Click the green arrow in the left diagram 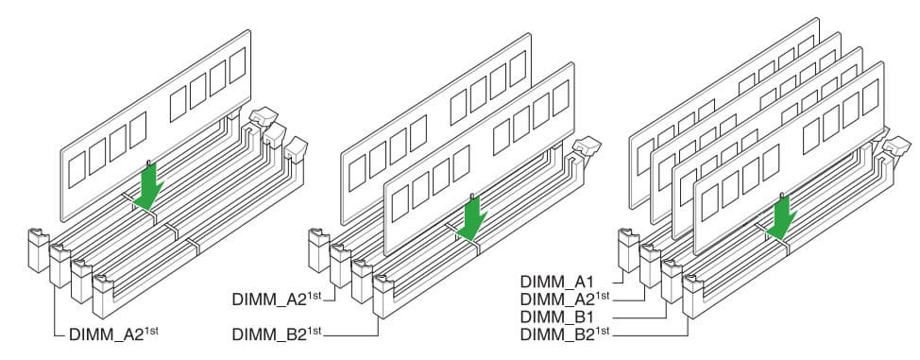point(148,187)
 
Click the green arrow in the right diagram point(780,218)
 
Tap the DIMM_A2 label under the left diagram point(113,334)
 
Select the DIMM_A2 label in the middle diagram point(277,299)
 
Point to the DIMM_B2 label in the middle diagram point(277,334)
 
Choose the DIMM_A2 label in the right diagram point(565,299)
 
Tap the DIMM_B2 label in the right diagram point(565,334)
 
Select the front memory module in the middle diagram point(478,159)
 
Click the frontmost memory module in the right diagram point(789,158)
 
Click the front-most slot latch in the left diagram point(104,297)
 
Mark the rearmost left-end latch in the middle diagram point(319,250)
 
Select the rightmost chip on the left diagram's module point(238,65)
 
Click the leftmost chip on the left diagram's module point(77,170)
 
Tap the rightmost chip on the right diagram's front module point(871,97)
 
